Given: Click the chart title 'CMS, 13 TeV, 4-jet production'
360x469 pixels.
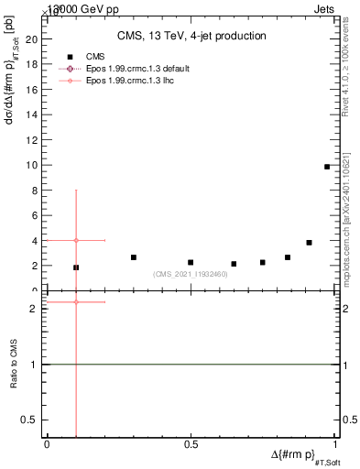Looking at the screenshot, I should [191, 37].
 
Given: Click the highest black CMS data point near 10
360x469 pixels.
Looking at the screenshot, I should [327, 167].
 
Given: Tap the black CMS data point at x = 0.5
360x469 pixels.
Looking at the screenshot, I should [191, 263].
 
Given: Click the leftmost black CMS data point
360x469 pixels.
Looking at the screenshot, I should [76, 267].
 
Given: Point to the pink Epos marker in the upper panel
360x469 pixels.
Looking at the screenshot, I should [76, 240].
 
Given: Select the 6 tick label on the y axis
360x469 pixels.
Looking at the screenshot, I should [34, 216].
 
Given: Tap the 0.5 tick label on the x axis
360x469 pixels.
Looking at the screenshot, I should [191, 444].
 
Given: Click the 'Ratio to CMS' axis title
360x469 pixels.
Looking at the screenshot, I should [15, 366].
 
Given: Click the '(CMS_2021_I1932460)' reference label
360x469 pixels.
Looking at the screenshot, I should [191, 274].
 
